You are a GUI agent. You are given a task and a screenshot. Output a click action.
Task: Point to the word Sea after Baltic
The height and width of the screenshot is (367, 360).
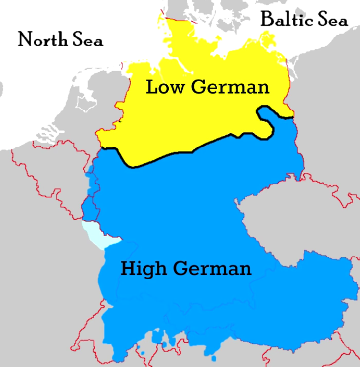point(332,20)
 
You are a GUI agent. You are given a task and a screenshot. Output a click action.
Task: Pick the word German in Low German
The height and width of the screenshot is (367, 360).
point(230,87)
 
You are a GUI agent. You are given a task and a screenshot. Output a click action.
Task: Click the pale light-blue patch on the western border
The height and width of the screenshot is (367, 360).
point(99,235)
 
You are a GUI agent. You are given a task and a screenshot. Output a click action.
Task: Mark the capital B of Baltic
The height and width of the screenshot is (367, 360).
point(267,20)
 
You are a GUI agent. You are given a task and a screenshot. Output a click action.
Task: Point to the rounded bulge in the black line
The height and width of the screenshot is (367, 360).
point(266,121)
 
